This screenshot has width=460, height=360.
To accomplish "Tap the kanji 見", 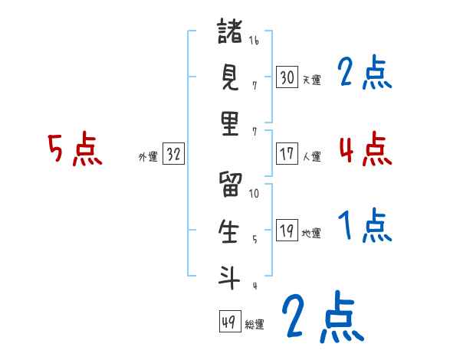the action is pos(230,78).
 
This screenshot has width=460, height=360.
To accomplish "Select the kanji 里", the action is pos(230,125).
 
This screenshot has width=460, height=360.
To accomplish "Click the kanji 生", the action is pos(230,231).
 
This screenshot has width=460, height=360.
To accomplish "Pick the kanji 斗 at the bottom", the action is pos(230,277).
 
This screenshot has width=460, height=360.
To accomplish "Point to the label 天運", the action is pos(311,80).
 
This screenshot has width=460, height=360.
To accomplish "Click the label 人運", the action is pos(311,156).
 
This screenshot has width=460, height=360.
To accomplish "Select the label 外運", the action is pos(147,157).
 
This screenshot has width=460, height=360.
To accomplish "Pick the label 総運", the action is pos(255,325).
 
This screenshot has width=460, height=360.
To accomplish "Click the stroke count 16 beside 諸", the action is pos(254,40).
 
